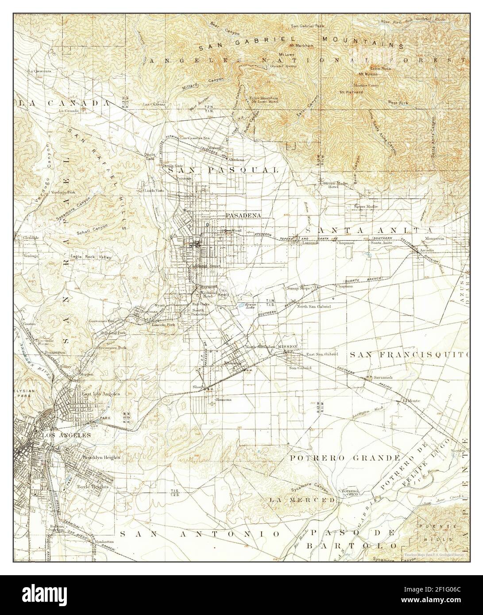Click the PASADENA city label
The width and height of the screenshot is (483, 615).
tap(243, 215)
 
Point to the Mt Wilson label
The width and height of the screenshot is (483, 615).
tap(368, 74)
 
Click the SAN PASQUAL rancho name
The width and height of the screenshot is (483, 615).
tap(222, 170)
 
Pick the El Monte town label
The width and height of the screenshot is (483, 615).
tap(410, 400)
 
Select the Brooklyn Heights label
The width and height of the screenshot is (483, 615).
tap(101, 457)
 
